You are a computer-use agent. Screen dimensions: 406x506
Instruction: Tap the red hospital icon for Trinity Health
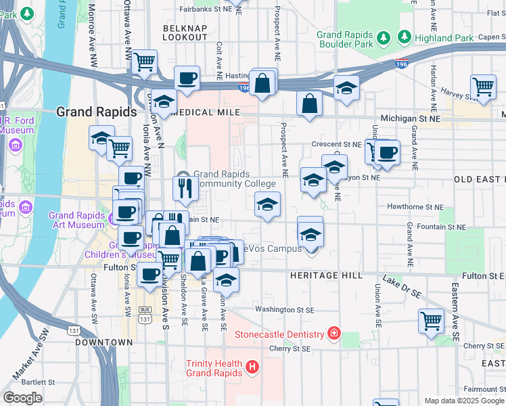coord(252,368)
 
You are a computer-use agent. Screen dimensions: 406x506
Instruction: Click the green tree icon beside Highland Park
coord(405,37)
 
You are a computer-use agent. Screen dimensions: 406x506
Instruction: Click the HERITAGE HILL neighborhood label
coord(327,276)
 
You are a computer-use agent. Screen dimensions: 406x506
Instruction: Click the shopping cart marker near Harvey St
coord(483,86)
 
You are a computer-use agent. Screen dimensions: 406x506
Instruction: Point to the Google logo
coord(23,398)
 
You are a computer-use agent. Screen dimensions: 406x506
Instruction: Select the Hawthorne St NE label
coord(415,206)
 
